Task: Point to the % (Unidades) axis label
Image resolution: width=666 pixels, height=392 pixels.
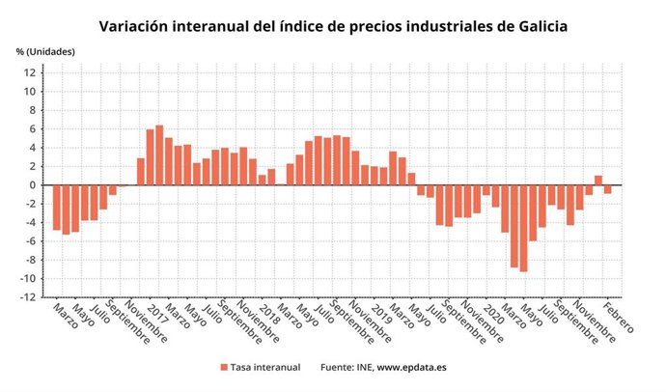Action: [x=44, y=50]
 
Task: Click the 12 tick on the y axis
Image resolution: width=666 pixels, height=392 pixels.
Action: [x=30, y=72]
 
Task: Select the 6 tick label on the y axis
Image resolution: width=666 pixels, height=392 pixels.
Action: [x=33, y=128]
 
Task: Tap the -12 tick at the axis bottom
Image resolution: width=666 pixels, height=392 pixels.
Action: [x=28, y=297]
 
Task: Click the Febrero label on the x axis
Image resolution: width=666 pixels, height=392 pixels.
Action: [x=618, y=319]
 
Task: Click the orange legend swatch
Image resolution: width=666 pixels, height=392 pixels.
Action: [x=224, y=367]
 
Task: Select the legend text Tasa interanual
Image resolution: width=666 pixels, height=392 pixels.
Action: [x=265, y=367]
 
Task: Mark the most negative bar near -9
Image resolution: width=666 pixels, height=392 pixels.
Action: [x=523, y=228]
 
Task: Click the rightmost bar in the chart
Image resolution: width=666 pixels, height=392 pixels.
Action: [x=608, y=189]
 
